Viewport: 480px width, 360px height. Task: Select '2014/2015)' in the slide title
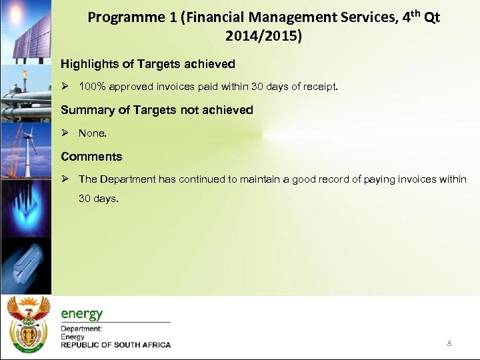click(x=263, y=37)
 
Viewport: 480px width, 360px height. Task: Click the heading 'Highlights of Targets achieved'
click(x=147, y=64)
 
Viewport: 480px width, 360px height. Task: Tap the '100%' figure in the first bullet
click(x=92, y=87)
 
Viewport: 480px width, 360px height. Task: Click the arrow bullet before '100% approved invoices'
click(x=65, y=87)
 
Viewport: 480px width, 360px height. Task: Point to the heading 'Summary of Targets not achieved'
click(x=157, y=110)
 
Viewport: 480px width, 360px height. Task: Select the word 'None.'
click(x=92, y=133)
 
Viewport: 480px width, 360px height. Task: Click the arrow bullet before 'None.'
click(x=65, y=133)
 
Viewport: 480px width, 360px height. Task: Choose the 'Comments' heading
click(x=91, y=157)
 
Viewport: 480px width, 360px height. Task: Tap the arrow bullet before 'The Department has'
click(x=65, y=179)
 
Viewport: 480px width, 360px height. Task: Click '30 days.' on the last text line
click(x=98, y=198)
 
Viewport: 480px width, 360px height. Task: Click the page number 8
click(x=449, y=343)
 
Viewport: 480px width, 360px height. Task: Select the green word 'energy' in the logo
click(x=82, y=314)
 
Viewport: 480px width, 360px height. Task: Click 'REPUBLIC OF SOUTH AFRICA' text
click(x=115, y=345)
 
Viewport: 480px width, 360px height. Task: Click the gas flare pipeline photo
click(x=25, y=90)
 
